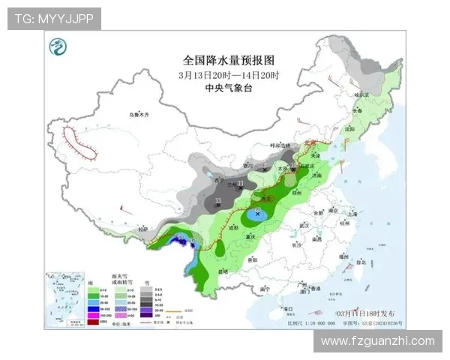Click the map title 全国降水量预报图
[229, 59]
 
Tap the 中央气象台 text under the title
[229, 87]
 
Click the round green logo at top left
[57, 49]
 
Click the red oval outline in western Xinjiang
[79, 142]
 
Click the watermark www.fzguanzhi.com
[377, 341]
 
